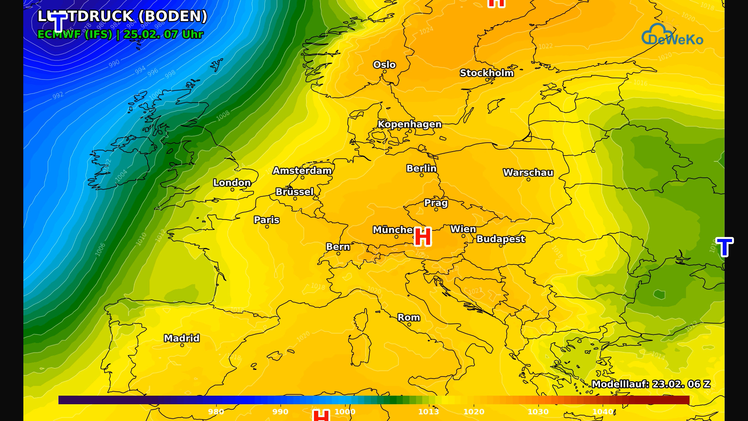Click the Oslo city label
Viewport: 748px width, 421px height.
pyautogui.click(x=384, y=65)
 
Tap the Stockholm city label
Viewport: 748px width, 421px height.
pyautogui.click(x=487, y=73)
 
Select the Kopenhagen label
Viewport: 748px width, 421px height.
pyautogui.click(x=409, y=124)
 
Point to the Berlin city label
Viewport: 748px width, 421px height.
pyautogui.click(x=421, y=168)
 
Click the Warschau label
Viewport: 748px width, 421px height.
pyautogui.click(x=528, y=173)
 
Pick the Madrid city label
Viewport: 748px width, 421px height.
pyautogui.click(x=182, y=338)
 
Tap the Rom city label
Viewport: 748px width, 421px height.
pyautogui.click(x=409, y=318)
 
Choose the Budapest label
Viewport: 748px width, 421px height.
pyautogui.click(x=501, y=239)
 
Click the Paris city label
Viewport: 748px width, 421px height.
pyautogui.click(x=266, y=220)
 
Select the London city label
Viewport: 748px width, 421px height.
pyautogui.click(x=232, y=183)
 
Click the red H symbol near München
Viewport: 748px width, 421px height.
pyautogui.click(x=423, y=237)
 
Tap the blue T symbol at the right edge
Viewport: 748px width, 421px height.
pyautogui.click(x=724, y=247)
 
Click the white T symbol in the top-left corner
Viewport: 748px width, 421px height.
pyautogui.click(x=58, y=22)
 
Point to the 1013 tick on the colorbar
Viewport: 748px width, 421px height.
pyautogui.click(x=428, y=412)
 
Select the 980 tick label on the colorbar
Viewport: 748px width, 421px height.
pyautogui.click(x=215, y=412)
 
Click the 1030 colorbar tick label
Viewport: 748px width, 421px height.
pyautogui.click(x=538, y=412)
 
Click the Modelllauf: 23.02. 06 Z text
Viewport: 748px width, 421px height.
pyautogui.click(x=651, y=384)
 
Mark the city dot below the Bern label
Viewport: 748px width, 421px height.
pyautogui.click(x=338, y=254)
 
